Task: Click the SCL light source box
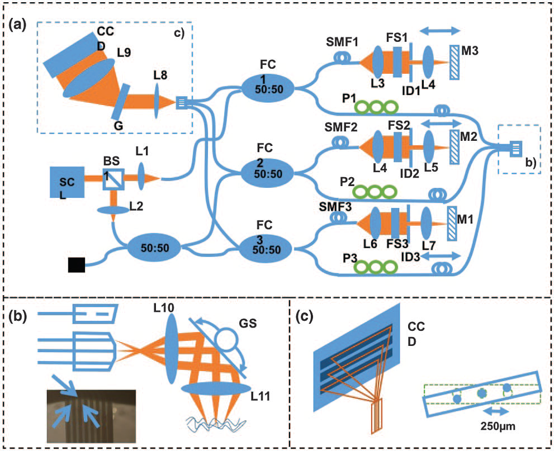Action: tap(67, 181)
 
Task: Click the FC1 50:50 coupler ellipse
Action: tap(268, 88)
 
